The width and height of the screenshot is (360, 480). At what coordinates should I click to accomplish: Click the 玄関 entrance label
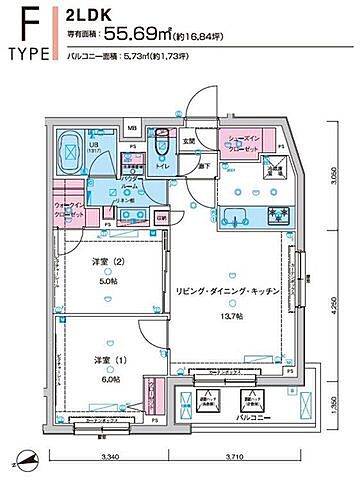pyautogui.click(x=187, y=141)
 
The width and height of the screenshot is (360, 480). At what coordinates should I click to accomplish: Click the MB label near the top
pyautogui.click(x=131, y=127)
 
